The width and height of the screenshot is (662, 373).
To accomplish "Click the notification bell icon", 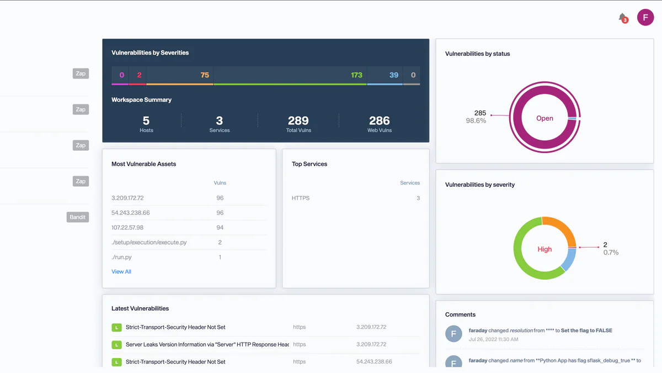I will (622, 18).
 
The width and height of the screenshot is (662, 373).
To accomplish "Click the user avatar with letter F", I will (645, 17).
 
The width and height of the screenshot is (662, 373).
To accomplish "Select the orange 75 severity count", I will (205, 75).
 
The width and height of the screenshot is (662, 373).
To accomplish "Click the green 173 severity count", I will (356, 75).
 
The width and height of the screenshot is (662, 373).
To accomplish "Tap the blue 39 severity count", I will (393, 75).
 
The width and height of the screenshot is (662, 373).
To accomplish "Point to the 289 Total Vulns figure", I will (298, 121).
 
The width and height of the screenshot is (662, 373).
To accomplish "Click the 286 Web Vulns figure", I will (379, 121).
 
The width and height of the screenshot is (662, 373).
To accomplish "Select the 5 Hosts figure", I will (146, 121).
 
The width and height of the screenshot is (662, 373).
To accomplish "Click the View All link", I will (121, 272).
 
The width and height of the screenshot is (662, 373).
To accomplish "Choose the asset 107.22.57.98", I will (127, 228).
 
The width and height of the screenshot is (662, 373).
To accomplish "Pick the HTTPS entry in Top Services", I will (301, 198).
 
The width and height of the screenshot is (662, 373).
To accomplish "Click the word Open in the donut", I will (544, 118).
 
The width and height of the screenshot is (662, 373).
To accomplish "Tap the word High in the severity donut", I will (544, 249).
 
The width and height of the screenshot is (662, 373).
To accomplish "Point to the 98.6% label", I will (476, 121).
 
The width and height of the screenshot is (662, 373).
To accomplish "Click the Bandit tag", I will (78, 217).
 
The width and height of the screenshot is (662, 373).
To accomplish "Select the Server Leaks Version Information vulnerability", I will (207, 344).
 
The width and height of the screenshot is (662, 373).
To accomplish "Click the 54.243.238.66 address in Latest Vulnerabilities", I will (374, 362).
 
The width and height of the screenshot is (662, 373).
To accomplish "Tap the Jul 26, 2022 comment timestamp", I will (493, 339).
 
